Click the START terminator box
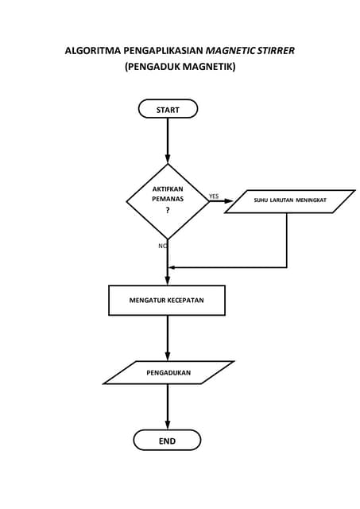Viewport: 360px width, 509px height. coord(168,109)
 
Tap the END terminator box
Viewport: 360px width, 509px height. coord(167,441)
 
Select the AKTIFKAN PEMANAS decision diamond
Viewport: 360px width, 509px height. coord(168,200)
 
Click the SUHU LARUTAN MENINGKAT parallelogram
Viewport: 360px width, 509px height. coord(290,201)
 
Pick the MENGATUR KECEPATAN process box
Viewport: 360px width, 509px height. coord(167,301)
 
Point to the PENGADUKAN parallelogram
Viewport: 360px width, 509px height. coord(168,372)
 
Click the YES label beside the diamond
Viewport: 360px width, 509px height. coord(214,196)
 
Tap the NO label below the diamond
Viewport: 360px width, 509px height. coord(162,246)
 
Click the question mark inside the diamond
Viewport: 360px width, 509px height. coord(168,212)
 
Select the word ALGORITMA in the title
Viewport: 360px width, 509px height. coord(89,52)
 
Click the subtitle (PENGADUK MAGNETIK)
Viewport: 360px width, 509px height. coord(180,68)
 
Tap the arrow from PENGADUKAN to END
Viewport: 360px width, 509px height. coord(168,407)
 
